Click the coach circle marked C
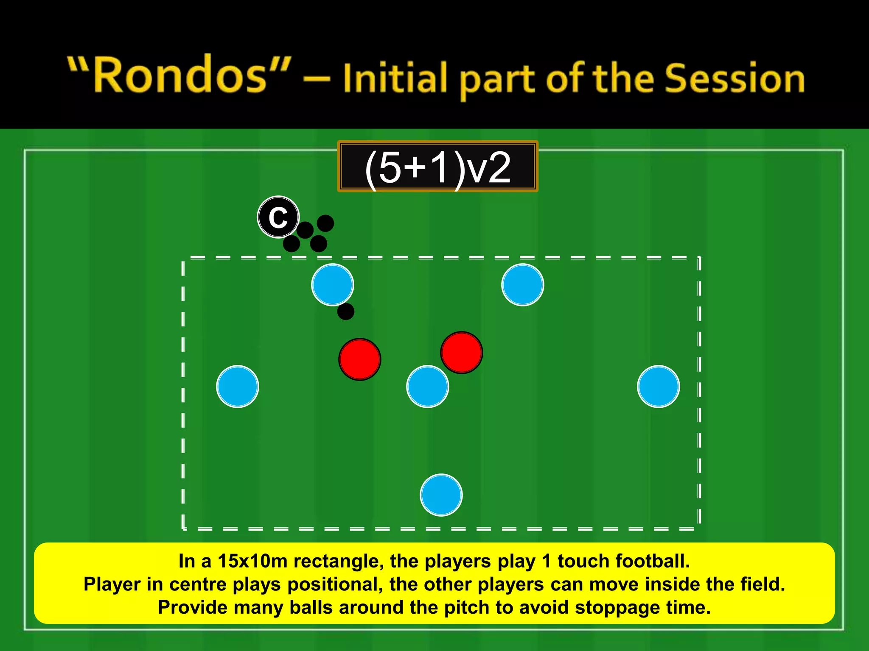pos(278,217)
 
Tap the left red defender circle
pos(360,359)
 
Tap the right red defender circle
pos(461,352)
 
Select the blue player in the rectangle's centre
pos(427,386)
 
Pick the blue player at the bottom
pos(441,495)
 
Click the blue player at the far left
pos(237,386)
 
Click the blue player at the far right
pos(658,386)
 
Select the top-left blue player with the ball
pos(332,284)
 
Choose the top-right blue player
pos(522,284)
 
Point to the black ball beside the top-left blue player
pos(345,312)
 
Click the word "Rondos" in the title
pos(180,75)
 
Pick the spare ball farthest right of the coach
pos(325,223)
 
